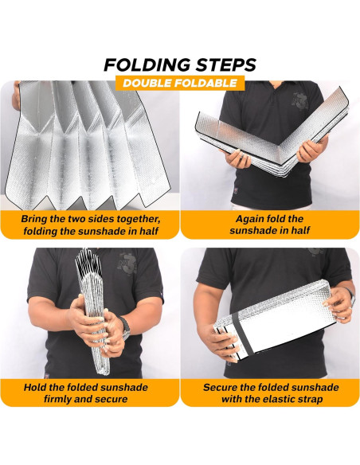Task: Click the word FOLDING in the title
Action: point(147,64)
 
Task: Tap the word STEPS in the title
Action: point(226,64)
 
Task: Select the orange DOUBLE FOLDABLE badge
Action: point(180,83)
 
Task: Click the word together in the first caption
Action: point(139,219)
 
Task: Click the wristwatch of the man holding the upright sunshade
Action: point(125,328)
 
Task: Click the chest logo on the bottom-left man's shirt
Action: point(127,264)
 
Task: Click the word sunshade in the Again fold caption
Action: point(252,230)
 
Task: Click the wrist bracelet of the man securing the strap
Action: point(351,296)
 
